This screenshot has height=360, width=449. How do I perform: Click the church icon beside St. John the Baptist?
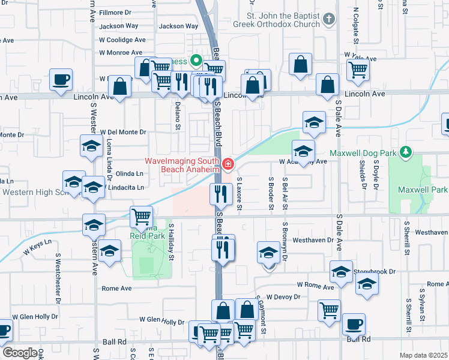coord(328,19)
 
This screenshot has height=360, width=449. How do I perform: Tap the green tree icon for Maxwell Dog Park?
coord(406,152)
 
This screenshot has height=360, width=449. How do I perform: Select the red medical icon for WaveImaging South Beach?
coord(228,164)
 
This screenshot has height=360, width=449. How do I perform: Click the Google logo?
coord(19,352)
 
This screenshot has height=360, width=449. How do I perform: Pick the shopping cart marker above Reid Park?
coord(141,216)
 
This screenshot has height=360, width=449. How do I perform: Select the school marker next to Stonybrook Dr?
coord(342,272)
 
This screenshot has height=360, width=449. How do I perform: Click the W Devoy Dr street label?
coord(283,296)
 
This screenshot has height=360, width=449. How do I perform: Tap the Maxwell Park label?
coord(423,190)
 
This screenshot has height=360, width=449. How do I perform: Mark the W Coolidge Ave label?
coord(122,40)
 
